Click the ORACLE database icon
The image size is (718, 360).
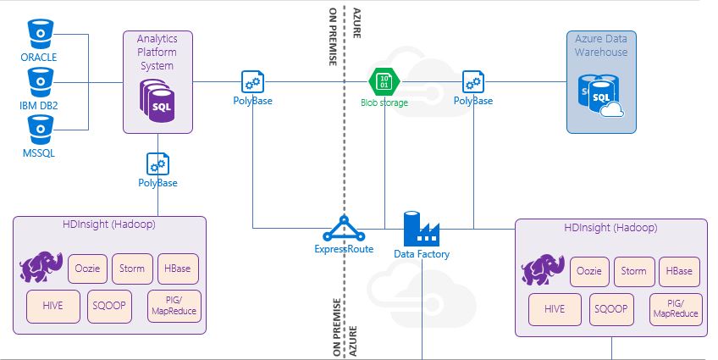[39, 35]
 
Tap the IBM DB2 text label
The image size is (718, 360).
[38, 104]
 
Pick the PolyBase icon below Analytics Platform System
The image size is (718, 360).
[157, 163]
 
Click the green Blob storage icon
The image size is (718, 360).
[384, 82]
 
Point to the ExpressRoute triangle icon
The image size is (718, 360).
[343, 230]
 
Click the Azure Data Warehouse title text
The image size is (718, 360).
[601, 46]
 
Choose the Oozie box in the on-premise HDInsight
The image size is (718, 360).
[86, 269]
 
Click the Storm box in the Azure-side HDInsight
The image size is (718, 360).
[633, 272]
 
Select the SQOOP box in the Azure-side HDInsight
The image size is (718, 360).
[610, 309]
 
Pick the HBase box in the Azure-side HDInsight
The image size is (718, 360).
[679, 272]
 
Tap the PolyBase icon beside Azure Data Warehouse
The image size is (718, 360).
[473, 82]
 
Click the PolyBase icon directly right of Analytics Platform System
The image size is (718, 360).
[252, 82]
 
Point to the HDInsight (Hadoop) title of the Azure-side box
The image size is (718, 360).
[610, 229]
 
